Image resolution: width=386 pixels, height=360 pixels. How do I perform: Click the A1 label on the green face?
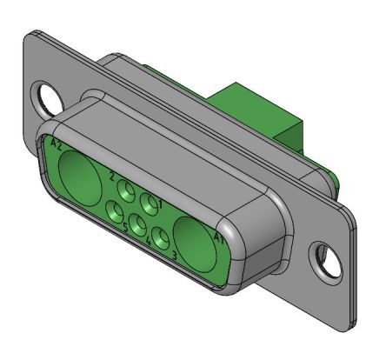[x=219, y=234]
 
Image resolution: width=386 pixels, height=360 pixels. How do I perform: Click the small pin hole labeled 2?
[x=128, y=190]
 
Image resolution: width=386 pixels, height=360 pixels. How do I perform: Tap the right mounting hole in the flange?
[x=328, y=257]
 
